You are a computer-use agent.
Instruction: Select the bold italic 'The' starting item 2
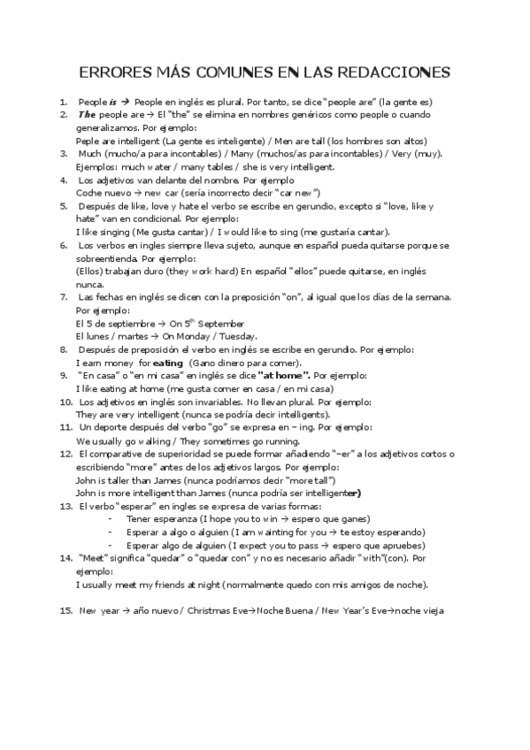click(x=87, y=115)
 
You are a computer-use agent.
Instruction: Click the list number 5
click(x=64, y=206)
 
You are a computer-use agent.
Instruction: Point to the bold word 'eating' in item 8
click(x=167, y=363)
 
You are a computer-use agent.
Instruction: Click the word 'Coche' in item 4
click(x=89, y=193)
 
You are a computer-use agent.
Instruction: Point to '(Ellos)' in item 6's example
click(x=92, y=272)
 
